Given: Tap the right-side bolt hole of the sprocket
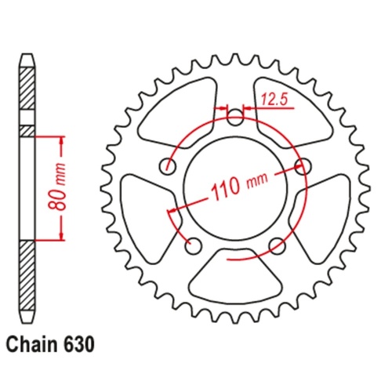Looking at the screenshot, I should pyautogui.click(x=300, y=165).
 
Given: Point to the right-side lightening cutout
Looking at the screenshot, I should pyautogui.click(x=322, y=208).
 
